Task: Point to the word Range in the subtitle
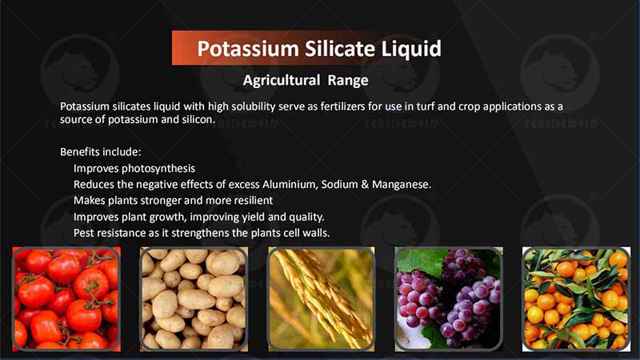pyautogui.click(x=348, y=80)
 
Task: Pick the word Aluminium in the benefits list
pyautogui.click(x=279, y=184)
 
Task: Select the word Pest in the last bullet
pyautogui.click(x=85, y=233)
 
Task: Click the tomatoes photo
pyautogui.click(x=66, y=298)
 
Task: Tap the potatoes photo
pyautogui.click(x=193, y=298)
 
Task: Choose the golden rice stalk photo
pyautogui.click(x=320, y=298)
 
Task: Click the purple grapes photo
pyautogui.click(x=448, y=298)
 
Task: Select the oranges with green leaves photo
pyautogui.click(x=575, y=298)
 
